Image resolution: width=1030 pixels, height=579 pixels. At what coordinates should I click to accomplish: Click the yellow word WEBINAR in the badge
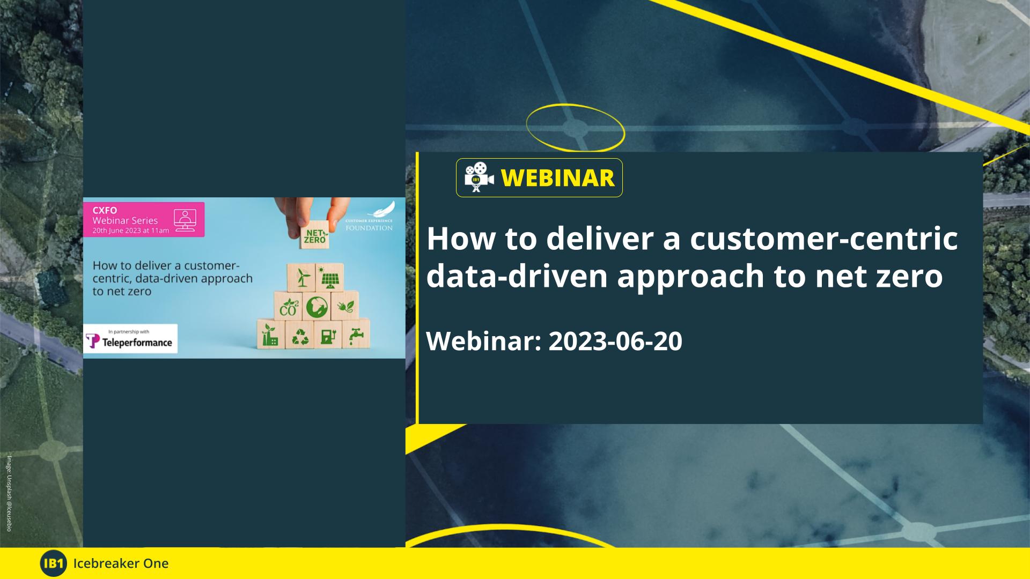click(557, 178)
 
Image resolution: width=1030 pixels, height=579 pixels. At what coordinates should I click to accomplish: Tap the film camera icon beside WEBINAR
click(478, 177)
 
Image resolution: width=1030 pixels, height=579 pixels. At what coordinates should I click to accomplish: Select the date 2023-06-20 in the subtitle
click(615, 341)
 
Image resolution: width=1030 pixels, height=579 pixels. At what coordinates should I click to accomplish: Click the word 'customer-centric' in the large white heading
click(823, 239)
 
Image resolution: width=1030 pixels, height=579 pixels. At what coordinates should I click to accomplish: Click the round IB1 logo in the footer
click(53, 563)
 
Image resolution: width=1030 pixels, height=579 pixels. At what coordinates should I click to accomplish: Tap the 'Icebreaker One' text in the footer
click(121, 563)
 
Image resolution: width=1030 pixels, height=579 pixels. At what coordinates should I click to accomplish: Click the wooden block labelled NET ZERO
click(314, 236)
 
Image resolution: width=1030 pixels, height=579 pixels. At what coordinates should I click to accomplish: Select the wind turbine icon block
click(301, 278)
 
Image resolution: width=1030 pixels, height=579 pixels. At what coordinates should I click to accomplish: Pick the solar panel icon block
click(329, 278)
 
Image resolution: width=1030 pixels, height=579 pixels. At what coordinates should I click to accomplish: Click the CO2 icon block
click(288, 307)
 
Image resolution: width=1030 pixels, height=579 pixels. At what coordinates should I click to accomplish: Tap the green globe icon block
click(317, 307)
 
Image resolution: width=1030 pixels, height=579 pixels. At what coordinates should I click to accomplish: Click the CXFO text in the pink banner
click(105, 211)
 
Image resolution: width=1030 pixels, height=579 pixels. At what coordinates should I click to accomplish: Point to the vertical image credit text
click(9, 493)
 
